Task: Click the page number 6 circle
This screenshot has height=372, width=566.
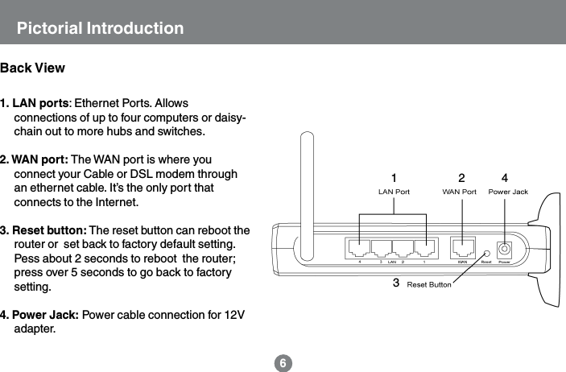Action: point(283,363)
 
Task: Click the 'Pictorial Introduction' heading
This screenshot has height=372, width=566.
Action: point(101,30)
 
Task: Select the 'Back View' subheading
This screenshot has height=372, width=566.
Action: point(33,68)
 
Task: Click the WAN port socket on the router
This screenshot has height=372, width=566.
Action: point(462,249)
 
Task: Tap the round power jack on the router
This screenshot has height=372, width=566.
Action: point(505,250)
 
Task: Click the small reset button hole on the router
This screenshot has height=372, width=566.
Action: point(486,252)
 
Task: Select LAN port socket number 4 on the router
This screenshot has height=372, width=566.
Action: point(358,249)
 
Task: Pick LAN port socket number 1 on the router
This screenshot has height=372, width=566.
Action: point(423,249)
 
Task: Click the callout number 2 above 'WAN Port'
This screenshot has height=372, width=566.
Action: point(461,177)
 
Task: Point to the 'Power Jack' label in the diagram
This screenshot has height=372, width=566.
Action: point(508,192)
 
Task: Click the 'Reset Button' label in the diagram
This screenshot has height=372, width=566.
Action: point(429,284)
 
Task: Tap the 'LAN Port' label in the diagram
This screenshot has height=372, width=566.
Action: point(394,192)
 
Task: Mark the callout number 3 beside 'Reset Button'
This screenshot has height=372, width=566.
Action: point(395,283)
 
